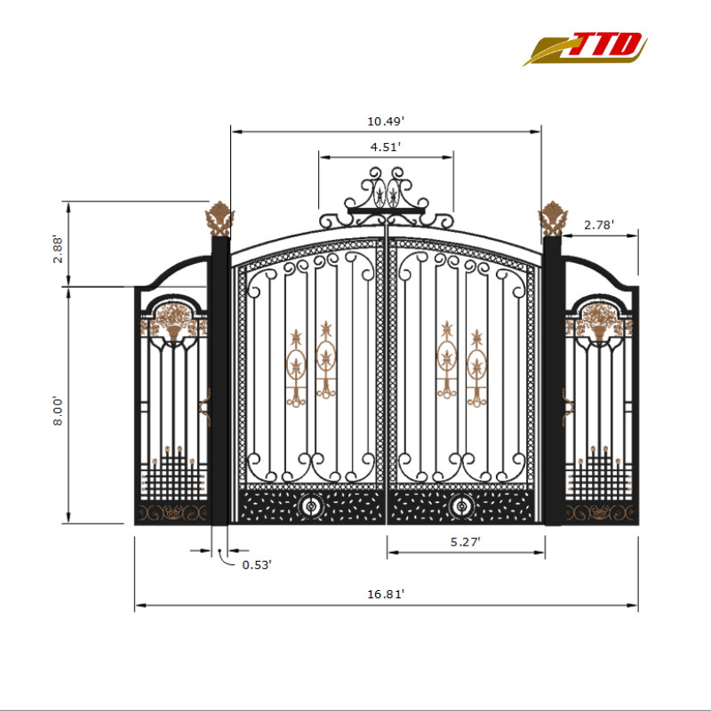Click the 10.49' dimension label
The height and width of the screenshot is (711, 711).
386,121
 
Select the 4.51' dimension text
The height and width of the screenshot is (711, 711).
386,147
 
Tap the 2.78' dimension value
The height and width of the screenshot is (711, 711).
599,226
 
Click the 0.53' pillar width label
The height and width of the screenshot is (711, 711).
257,563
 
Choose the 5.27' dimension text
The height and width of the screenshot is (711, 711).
465,540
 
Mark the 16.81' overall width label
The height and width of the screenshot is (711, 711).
386,595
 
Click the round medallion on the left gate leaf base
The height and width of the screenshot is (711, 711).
311,507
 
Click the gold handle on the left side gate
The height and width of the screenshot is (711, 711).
206,406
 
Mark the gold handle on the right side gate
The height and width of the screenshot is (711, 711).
566,406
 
